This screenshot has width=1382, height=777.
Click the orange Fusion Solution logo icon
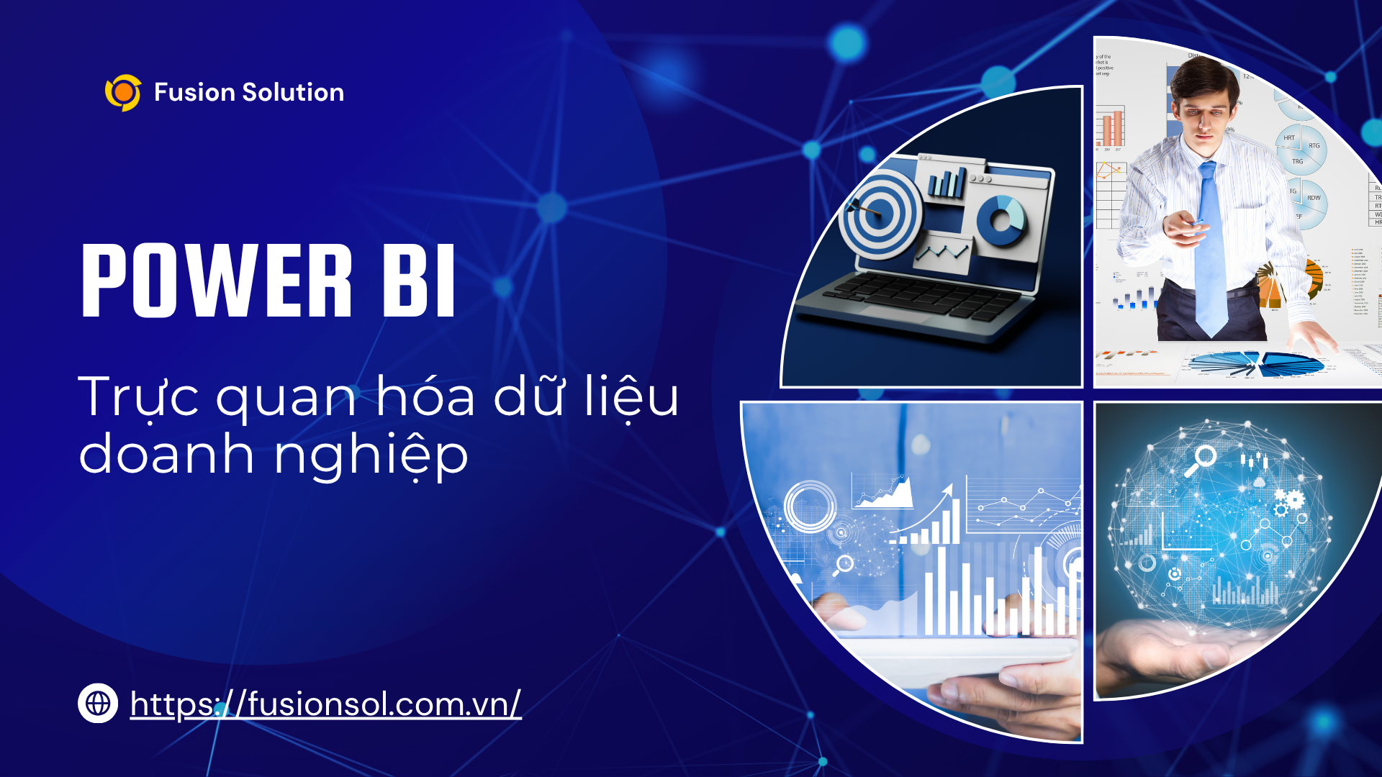tap(123, 93)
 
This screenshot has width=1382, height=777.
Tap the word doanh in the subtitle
tap(166, 455)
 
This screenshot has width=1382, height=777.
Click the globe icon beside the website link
tap(98, 703)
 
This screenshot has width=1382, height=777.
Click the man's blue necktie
tap(1211, 252)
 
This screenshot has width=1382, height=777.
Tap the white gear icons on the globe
tap(1288, 501)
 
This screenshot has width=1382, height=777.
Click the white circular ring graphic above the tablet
tap(810, 506)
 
